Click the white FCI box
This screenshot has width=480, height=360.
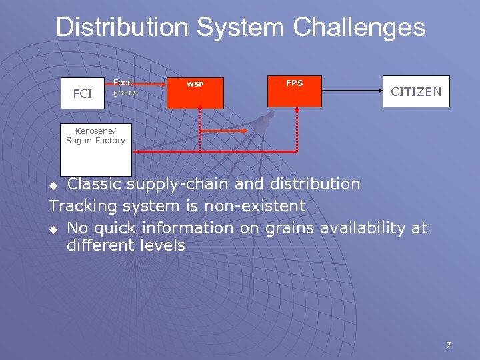click(x=83, y=93)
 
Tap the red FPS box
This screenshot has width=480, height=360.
click(x=294, y=91)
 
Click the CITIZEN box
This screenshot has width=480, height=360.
click(x=416, y=92)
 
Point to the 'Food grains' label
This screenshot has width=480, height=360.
click(x=125, y=87)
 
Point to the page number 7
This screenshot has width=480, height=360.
click(x=448, y=345)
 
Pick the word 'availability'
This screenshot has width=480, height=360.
click(x=363, y=228)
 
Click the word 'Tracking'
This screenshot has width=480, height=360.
click(x=83, y=206)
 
